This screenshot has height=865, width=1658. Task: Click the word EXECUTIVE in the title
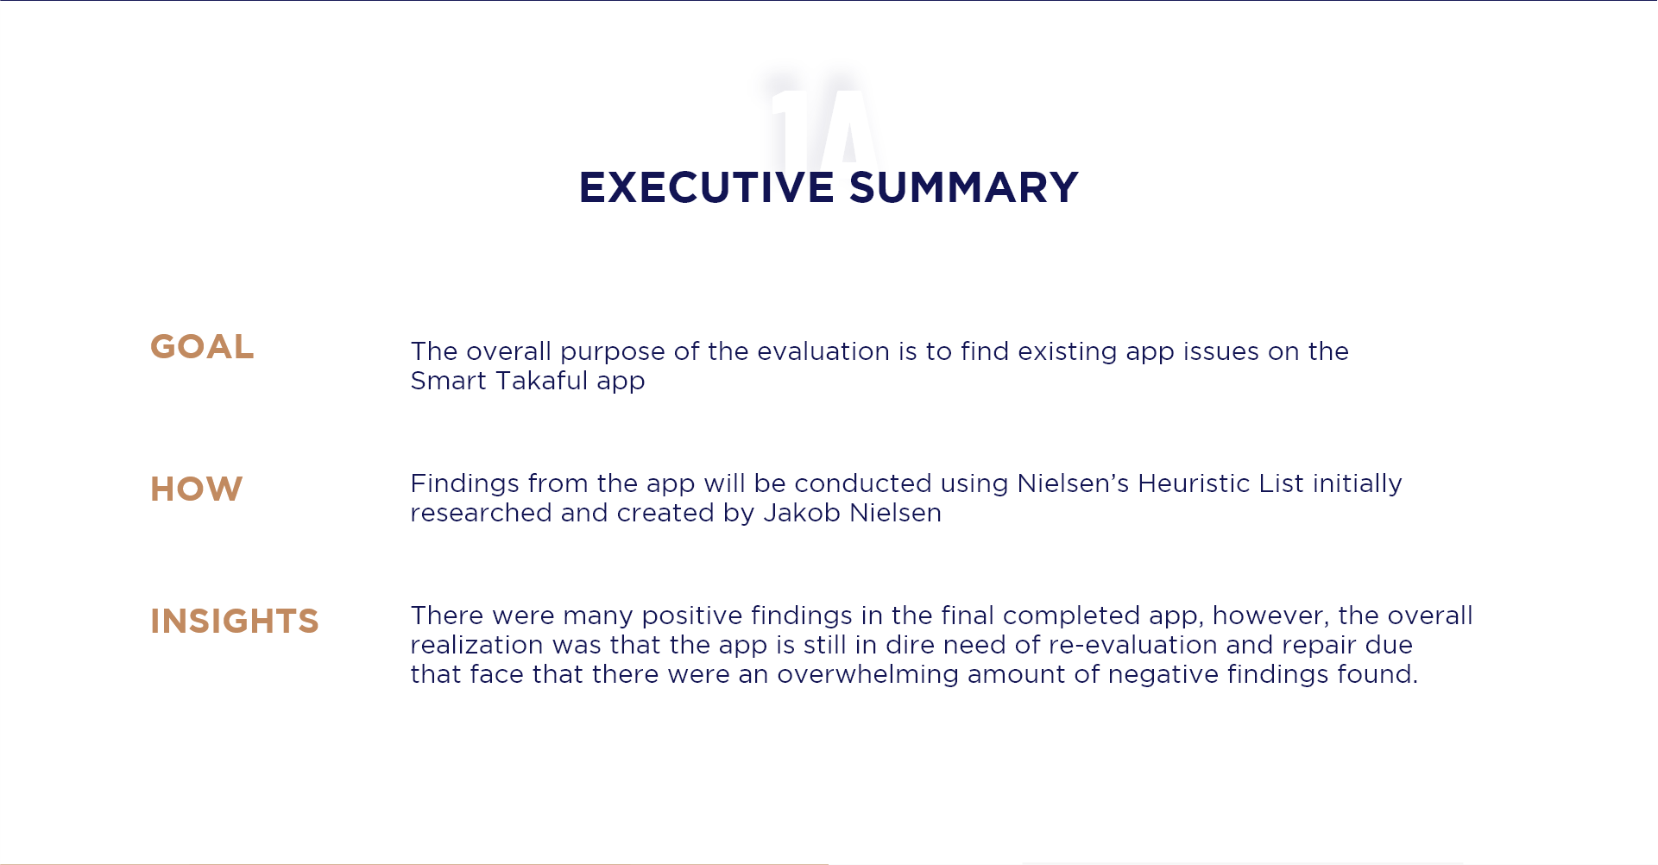[x=707, y=187]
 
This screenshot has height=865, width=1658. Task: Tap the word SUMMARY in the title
[x=964, y=187]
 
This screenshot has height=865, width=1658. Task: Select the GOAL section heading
[x=202, y=347]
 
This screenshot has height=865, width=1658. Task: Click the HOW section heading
[x=197, y=489]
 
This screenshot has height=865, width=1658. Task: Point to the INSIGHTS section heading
[x=235, y=622]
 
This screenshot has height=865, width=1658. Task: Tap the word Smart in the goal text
[x=449, y=381]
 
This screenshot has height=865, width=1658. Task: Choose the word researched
[x=481, y=513]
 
